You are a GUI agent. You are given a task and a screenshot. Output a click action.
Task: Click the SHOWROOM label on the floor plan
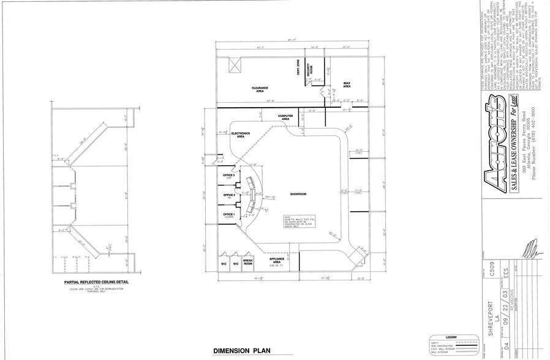point(298,193)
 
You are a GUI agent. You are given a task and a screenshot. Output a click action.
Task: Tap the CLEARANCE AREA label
point(260,89)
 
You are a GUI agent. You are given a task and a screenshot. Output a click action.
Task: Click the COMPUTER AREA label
point(287,117)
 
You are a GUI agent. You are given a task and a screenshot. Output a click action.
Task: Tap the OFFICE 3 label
point(230,176)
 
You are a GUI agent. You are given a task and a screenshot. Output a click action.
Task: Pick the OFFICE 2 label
point(230,195)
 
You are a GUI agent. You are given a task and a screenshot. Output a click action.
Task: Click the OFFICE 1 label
point(230,214)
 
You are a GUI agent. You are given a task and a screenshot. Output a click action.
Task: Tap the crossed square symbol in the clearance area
point(233,66)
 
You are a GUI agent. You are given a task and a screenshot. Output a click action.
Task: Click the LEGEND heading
point(451,337)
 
